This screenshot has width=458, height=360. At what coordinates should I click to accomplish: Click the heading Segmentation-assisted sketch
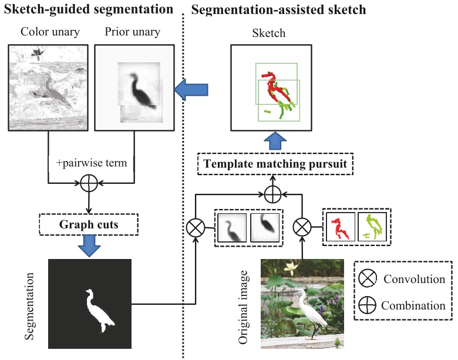click(279, 9)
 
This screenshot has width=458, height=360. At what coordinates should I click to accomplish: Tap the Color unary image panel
click(46, 88)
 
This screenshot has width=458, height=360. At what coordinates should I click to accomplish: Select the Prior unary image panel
click(134, 88)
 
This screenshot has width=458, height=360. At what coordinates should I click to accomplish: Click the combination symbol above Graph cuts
click(88, 184)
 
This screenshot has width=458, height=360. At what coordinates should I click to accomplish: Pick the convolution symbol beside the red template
click(302, 226)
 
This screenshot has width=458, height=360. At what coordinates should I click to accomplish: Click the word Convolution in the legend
click(414, 279)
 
